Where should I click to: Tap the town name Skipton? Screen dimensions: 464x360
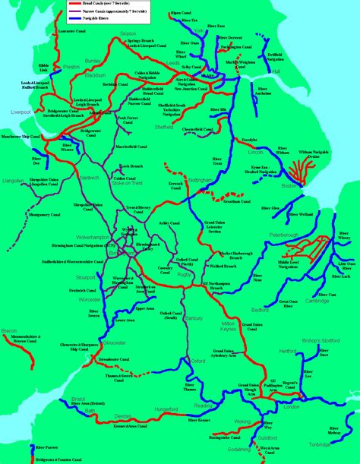pyautogui.click(x=128, y=34)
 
